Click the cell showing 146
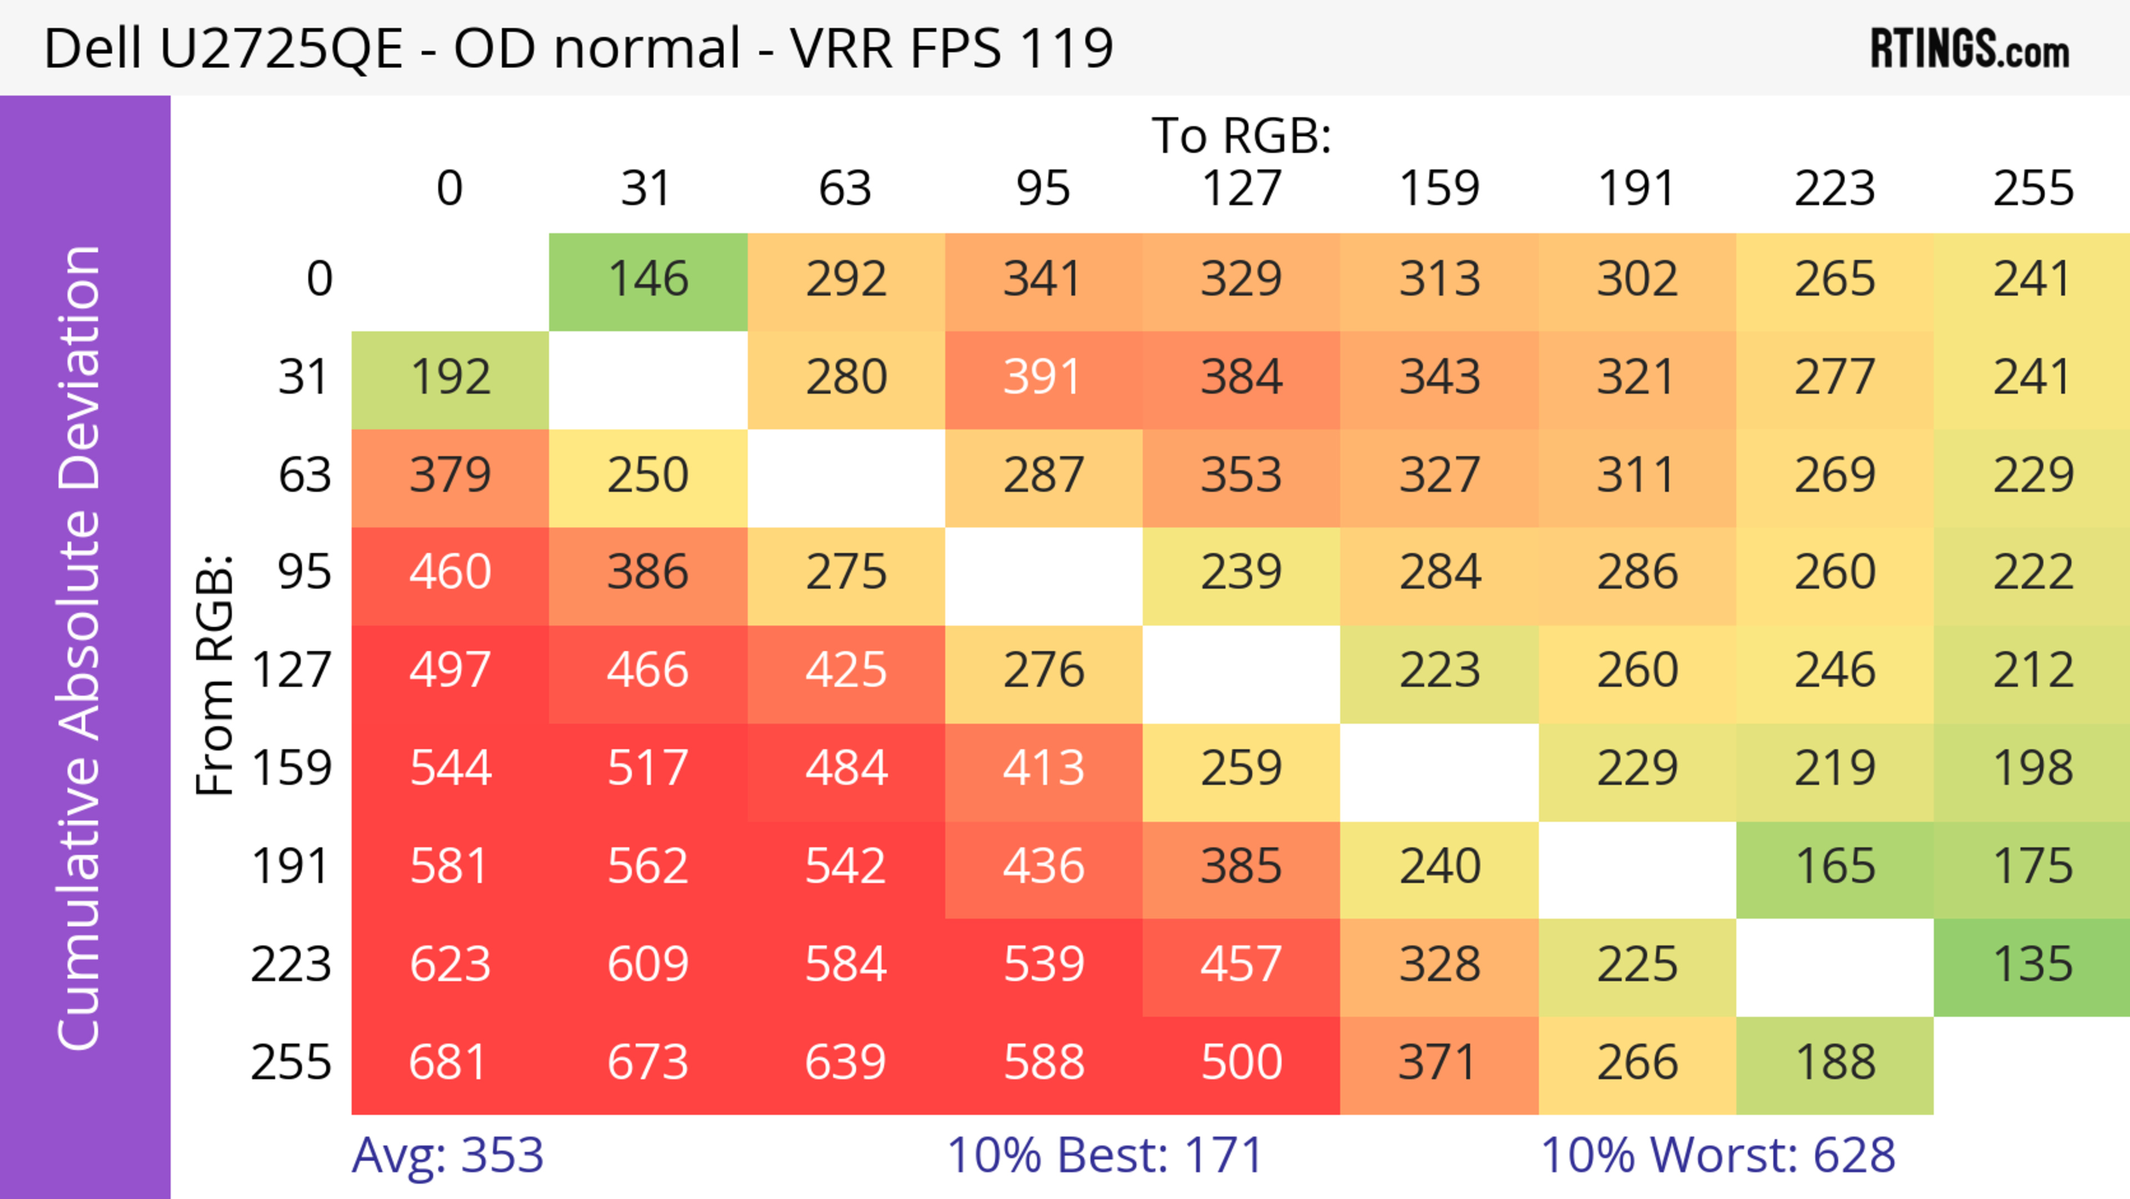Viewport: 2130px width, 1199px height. tap(648, 280)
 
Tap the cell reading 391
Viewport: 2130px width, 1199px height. tap(1043, 378)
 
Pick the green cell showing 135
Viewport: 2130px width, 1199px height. tap(2032, 965)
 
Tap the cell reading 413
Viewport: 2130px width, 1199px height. tap(1043, 769)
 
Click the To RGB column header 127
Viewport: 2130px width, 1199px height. tap(1241, 189)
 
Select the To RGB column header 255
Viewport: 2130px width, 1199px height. tap(2032, 189)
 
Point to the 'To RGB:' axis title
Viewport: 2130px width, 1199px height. tap(1241, 135)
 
